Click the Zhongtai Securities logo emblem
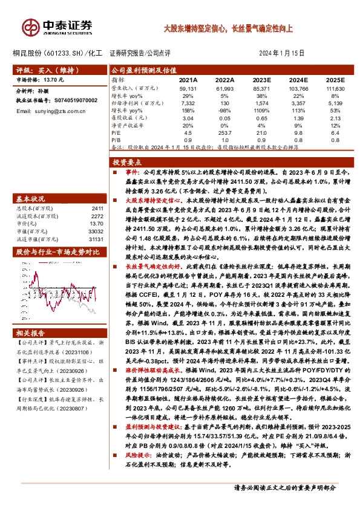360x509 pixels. pos(28,25)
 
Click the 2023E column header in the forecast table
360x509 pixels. pos(261,80)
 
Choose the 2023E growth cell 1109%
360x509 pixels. pos(261,111)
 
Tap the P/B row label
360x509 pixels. pos(117,140)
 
